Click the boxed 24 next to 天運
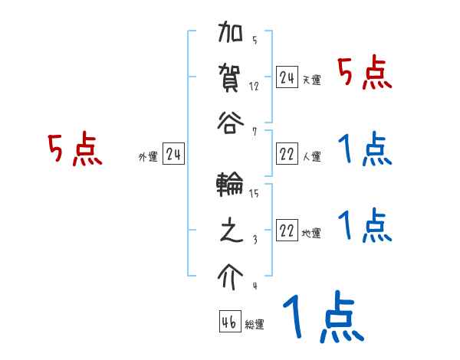pyautogui.click(x=287, y=77)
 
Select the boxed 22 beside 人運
pyautogui.click(x=287, y=154)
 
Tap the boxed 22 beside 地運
pyautogui.click(x=287, y=231)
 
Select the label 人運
pyautogui.click(x=312, y=157)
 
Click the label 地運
pyautogui.click(x=312, y=234)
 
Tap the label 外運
pyautogui.click(x=148, y=157)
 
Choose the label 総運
pyautogui.click(x=255, y=324)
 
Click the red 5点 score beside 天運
pyautogui.click(x=365, y=74)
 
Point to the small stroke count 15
pyautogui.click(x=254, y=194)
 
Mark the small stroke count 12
pyautogui.click(x=254, y=85)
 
